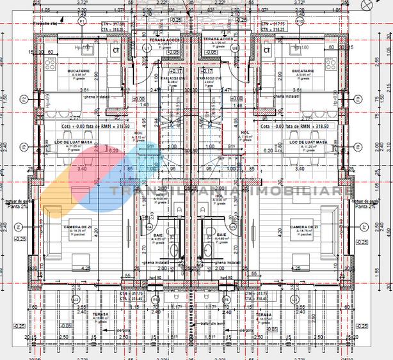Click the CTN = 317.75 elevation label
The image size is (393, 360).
point(274,23)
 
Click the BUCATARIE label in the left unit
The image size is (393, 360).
point(77,71)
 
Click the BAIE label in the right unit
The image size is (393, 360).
point(222,235)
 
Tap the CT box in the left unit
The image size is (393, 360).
point(116,49)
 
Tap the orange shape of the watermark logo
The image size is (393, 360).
point(61,185)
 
